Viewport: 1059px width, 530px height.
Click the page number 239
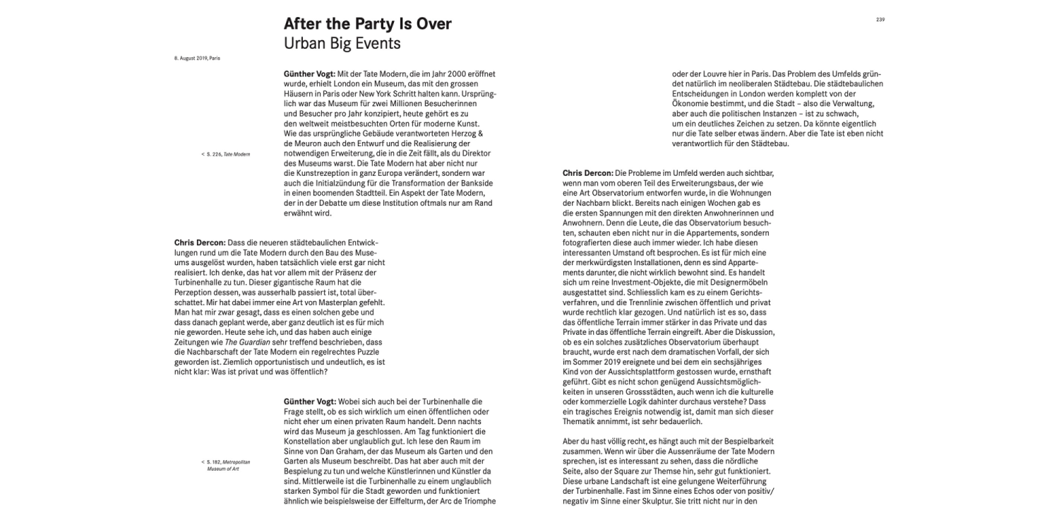(x=880, y=20)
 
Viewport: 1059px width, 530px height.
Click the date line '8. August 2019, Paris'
(x=197, y=58)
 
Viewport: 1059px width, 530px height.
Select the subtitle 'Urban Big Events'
(x=342, y=43)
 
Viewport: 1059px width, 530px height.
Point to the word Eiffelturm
(x=409, y=501)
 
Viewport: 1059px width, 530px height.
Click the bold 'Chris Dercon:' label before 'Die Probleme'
(x=588, y=173)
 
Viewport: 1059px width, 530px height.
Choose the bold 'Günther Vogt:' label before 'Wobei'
(x=311, y=401)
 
